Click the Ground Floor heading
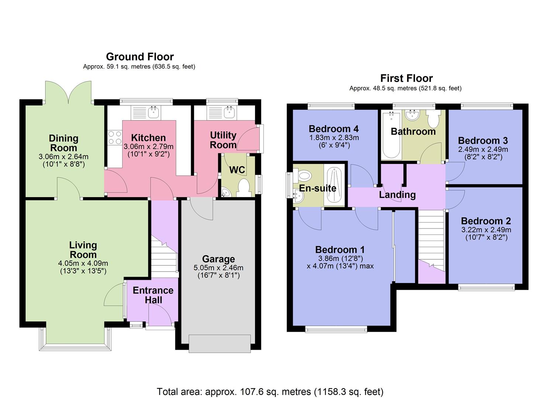(x=139, y=57)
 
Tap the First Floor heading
(x=406, y=78)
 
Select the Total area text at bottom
(x=270, y=391)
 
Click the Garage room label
(x=218, y=259)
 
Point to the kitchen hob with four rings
(x=114, y=138)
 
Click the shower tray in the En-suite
(x=334, y=185)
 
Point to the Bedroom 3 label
(x=483, y=140)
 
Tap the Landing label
(x=397, y=195)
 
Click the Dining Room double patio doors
(x=68, y=92)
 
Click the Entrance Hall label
(x=153, y=295)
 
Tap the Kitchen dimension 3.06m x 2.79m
(x=148, y=147)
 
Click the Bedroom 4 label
(x=334, y=129)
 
